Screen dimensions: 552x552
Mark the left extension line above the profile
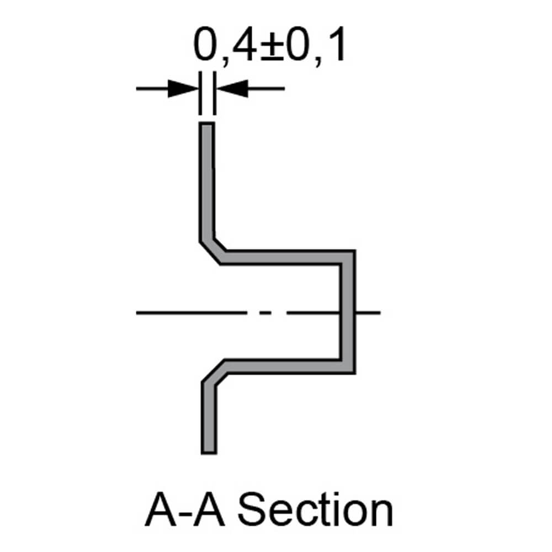pyautogui.click(x=199, y=99)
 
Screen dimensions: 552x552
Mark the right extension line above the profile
pyautogui.click(x=214, y=99)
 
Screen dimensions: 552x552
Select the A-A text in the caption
pyautogui.click(x=185, y=511)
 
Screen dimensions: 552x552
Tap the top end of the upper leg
pyautogui.click(x=206, y=125)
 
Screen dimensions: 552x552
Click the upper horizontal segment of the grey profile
pyautogui.click(x=282, y=257)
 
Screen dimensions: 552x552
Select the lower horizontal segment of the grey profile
pyautogui.click(x=282, y=366)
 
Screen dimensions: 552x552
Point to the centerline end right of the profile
pyautogui.click(x=379, y=313)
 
